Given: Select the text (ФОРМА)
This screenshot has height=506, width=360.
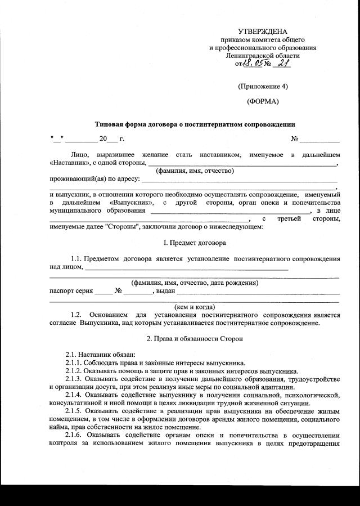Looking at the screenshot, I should click(x=263, y=102).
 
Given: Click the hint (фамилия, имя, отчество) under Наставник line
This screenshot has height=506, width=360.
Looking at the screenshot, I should click(x=195, y=171).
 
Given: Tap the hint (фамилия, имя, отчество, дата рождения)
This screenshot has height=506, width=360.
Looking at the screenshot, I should click(x=195, y=283).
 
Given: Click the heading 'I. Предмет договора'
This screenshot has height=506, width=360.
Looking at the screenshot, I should click(x=194, y=244).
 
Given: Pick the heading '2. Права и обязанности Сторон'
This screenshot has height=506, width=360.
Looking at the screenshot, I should click(x=194, y=339).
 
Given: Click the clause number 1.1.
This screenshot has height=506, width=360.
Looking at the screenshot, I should click(x=78, y=258).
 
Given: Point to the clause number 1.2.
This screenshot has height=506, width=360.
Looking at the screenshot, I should click(x=78, y=315).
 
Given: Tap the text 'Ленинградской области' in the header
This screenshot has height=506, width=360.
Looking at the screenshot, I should click(x=263, y=55).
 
